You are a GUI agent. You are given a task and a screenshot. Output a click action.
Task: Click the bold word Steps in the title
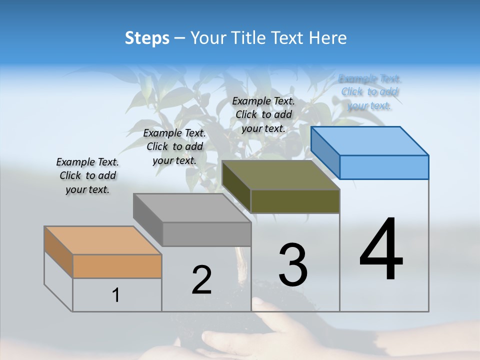pos(147,38)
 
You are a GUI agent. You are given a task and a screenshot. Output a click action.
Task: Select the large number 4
pos(381,249)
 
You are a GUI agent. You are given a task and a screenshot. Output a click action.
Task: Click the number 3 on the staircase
pos(293,264)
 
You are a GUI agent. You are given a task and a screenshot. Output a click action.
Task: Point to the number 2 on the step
pos(201,279)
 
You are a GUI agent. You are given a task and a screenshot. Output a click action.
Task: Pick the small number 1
pos(116,295)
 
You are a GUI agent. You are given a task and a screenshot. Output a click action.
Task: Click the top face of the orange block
pos(102,240)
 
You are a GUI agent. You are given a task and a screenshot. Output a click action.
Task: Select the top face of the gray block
pos(192,208)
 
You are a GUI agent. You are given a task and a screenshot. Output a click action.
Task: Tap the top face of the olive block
pos(280,175)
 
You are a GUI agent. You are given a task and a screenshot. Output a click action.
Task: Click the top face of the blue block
pos(369,141)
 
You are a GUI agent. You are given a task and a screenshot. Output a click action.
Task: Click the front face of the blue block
pos(384,167)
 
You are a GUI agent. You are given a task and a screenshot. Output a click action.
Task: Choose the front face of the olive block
pos(295,201)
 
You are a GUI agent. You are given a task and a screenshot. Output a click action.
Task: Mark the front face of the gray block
pos(206,234)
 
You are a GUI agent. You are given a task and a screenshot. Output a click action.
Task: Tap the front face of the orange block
pos(117,266)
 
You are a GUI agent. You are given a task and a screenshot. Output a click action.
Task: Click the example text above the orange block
pos(87,175)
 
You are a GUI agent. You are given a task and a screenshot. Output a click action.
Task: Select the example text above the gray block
pos(174,146)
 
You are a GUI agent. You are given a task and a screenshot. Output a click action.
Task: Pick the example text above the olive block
pos(263,114)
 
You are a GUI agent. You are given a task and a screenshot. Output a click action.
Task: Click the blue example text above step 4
pos(369,92)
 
